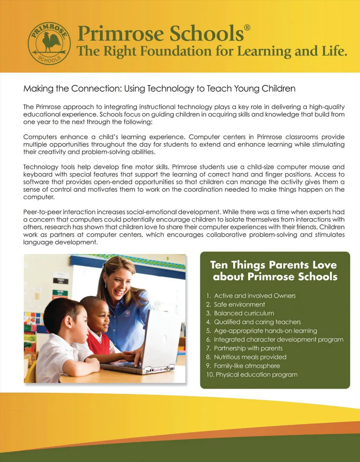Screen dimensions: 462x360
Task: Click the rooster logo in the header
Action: click(x=49, y=41)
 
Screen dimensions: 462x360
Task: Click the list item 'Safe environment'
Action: click(x=239, y=304)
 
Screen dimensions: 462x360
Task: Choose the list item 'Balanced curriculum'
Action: click(x=244, y=313)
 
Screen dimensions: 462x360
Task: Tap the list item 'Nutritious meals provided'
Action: click(x=250, y=357)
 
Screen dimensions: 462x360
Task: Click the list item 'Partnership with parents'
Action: click(x=248, y=348)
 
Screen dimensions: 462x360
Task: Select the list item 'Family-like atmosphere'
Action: click(x=247, y=366)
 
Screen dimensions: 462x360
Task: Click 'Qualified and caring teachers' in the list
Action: click(x=257, y=322)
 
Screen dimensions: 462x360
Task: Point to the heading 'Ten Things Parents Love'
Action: click(x=273, y=265)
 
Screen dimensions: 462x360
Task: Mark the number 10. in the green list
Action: click(x=209, y=375)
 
